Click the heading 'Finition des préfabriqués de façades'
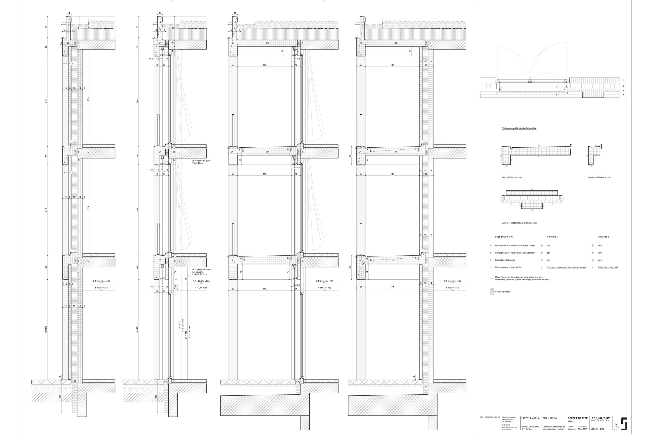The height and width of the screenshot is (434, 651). click(x=519, y=128)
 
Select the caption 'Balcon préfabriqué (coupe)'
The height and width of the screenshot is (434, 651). click(x=512, y=177)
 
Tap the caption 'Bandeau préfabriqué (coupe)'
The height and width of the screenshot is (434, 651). click(x=599, y=177)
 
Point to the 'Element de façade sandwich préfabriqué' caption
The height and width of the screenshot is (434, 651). click(x=519, y=223)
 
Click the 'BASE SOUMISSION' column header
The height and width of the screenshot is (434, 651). click(x=504, y=237)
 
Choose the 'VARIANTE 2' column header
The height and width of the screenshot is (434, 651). click(x=603, y=237)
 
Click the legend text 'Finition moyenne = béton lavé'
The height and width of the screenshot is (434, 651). click(x=508, y=267)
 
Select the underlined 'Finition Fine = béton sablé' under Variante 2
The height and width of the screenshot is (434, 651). click(x=608, y=267)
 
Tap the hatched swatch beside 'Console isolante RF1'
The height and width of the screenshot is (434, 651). click(x=492, y=292)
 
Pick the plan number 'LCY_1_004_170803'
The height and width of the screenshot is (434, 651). click(x=600, y=418)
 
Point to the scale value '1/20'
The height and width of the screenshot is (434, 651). click(x=602, y=429)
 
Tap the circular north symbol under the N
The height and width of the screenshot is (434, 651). click(x=616, y=428)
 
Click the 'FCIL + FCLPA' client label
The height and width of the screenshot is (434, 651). click(x=550, y=418)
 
